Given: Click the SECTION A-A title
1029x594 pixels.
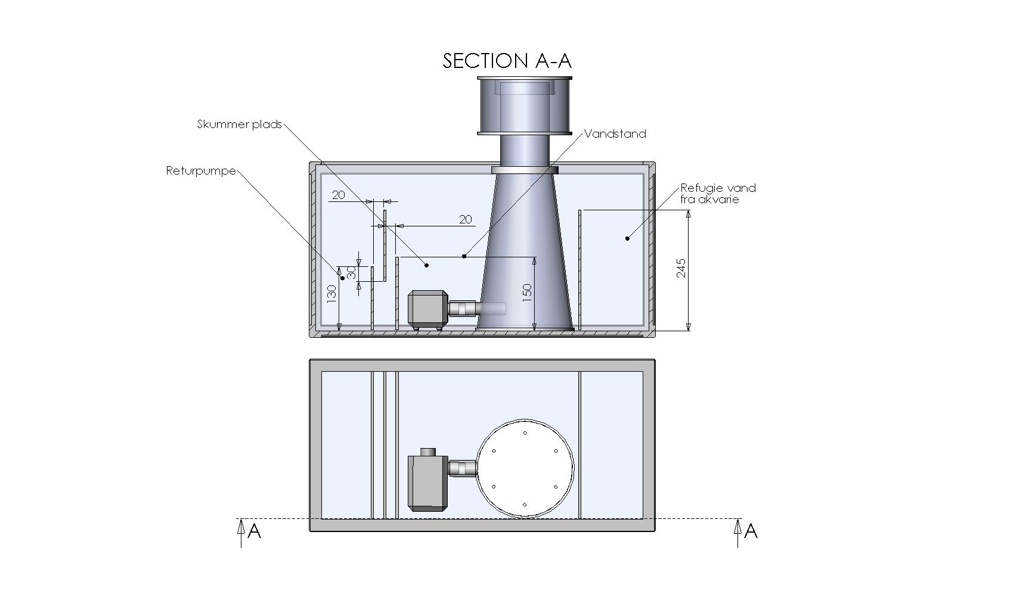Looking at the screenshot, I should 507,61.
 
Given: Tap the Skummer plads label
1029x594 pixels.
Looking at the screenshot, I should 239,125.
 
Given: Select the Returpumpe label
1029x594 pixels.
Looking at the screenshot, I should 201,171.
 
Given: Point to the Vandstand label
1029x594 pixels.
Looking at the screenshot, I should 615,134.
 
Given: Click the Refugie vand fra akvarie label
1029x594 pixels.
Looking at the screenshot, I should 718,194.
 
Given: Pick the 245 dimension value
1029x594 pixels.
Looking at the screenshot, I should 681,268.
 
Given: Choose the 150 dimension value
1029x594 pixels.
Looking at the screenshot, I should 527,292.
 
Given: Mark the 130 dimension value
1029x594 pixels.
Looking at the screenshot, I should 331,292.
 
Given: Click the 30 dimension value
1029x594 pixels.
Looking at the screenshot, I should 351,273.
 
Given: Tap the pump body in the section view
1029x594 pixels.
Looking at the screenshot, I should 427,308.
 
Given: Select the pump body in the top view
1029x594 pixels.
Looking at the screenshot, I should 427,483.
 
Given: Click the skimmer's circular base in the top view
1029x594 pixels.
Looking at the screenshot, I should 525,469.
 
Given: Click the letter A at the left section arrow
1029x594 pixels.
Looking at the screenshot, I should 255,531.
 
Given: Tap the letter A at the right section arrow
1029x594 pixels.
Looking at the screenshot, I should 751,531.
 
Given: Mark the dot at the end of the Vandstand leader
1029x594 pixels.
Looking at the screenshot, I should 464,256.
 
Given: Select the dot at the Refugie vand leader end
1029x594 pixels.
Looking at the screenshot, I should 627,238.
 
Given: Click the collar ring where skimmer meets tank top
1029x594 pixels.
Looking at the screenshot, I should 525,170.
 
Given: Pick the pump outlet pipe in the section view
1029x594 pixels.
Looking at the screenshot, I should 463,308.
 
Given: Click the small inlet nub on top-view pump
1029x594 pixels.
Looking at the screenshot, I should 428,452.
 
